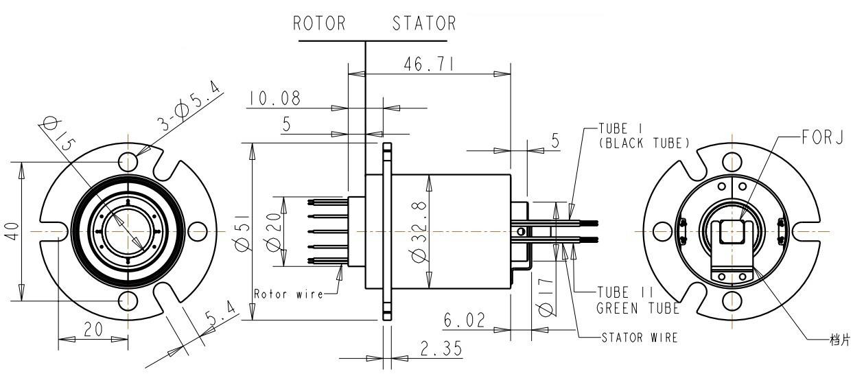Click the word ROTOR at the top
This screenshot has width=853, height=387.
click(x=319, y=24)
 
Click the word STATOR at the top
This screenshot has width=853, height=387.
click(x=424, y=24)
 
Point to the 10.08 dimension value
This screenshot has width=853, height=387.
click(x=274, y=99)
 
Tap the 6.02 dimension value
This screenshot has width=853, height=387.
click(x=465, y=320)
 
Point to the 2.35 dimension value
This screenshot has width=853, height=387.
click(x=439, y=349)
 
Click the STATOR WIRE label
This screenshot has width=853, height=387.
click(x=639, y=338)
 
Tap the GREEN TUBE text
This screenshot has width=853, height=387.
click(x=638, y=308)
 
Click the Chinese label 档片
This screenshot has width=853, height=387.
click(x=840, y=340)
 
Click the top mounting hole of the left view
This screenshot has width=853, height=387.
click(x=128, y=161)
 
